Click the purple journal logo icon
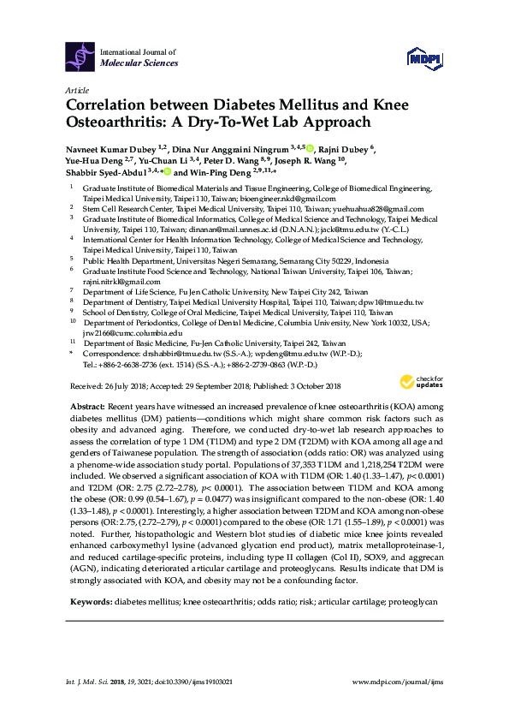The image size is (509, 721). (80, 57)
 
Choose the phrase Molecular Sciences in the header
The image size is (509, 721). (139, 63)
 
